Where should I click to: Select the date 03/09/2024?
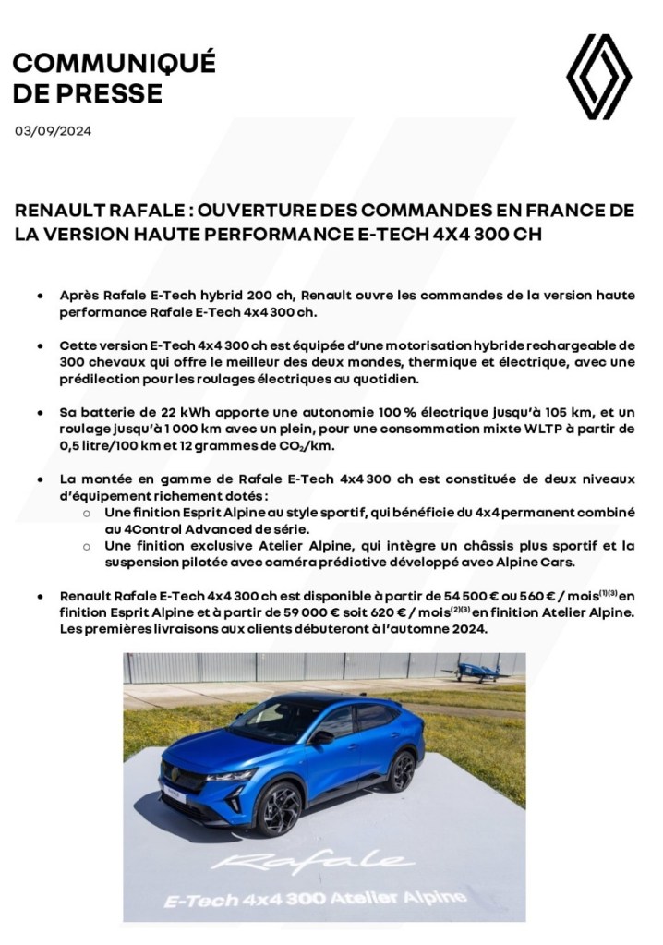[x=53, y=130]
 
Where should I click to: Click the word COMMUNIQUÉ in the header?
[x=115, y=63]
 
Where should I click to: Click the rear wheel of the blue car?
[x=403, y=769]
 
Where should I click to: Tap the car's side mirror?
[x=321, y=737]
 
